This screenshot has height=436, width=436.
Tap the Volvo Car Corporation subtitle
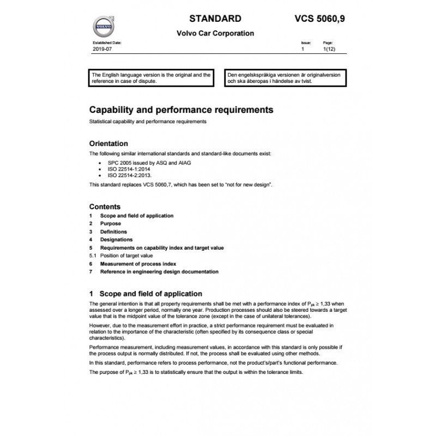[215, 33]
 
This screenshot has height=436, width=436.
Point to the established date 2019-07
[101, 49]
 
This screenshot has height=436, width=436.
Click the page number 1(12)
[329, 49]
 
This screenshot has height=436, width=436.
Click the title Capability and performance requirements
[181, 110]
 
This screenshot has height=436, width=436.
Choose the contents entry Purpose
[110, 223]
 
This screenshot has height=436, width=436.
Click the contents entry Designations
[116, 239]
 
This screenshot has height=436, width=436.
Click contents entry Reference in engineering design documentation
[159, 271]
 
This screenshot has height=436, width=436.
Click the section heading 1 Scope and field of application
[145, 294]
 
